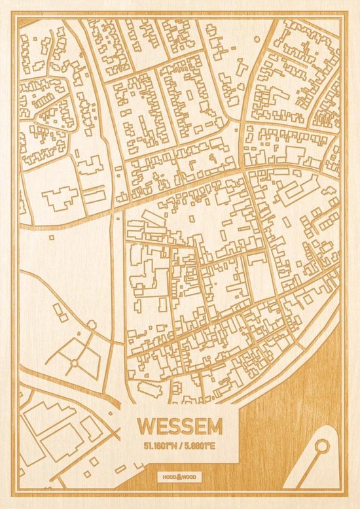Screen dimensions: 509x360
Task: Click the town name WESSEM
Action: pyautogui.click(x=179, y=426)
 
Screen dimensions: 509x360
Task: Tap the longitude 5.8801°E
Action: pyautogui.click(x=204, y=447)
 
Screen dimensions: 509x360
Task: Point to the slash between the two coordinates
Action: pyautogui.click(x=180, y=447)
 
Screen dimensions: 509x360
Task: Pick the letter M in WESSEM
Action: pyautogui.click(x=213, y=426)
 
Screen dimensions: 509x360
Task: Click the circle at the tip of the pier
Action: pyautogui.click(x=321, y=447)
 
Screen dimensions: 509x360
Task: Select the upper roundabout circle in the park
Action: pyautogui.click(x=92, y=324)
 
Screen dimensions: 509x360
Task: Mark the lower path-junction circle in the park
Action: pyautogui.click(x=74, y=362)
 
